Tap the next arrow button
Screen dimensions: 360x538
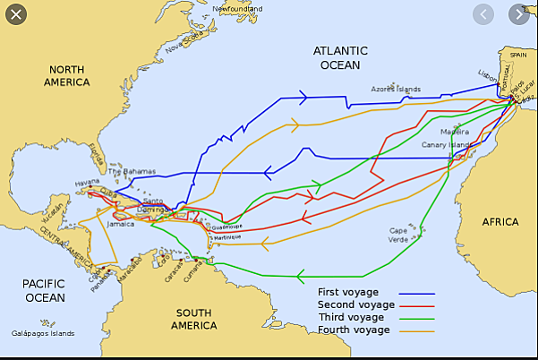pos(519,15)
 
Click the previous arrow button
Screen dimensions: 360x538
pos(483,15)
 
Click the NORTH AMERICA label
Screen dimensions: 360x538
pos(67,75)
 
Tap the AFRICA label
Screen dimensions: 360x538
pos(500,221)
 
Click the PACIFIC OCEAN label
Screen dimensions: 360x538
pos(44,290)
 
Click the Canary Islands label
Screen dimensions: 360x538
pos(447,145)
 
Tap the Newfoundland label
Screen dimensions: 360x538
pos(238,9)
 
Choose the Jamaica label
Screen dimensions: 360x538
pos(120,224)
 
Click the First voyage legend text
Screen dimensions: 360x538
pos(348,292)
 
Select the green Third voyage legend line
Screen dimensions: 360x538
pos(416,318)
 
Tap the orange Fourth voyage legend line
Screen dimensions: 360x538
pos(416,330)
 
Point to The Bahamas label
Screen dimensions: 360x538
pos(132,172)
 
